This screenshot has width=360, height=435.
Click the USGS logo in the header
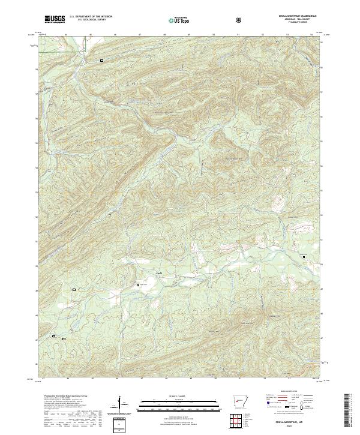[x=55, y=19]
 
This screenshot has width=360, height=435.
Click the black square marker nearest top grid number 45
[x=101, y=61]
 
